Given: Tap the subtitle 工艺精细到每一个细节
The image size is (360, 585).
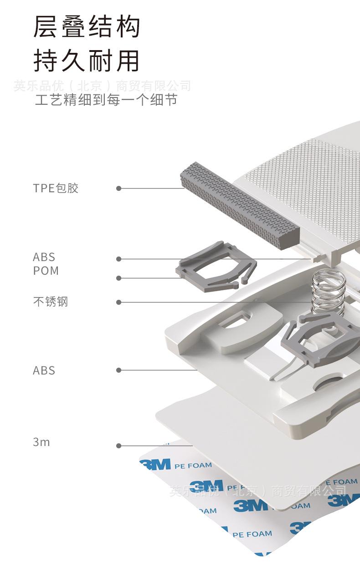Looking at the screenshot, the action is coord(106,100).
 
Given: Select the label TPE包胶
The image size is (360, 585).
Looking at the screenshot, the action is coord(56,188).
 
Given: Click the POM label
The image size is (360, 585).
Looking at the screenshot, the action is coord(46,271).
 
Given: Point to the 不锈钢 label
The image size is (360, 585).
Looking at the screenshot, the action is coord(50,302).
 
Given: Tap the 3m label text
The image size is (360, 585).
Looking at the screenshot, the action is coord(41,442).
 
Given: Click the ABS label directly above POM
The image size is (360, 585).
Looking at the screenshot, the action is coord(44,257).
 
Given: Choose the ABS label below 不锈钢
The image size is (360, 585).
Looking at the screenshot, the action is coord(44,370).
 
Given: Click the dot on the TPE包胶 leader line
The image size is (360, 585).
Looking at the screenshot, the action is coord(119,188).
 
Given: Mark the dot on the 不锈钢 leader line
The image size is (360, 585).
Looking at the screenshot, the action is coord(119,302).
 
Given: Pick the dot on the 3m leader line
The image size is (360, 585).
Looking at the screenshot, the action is coord(119,446).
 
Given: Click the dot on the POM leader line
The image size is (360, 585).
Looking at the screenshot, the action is coord(119,278).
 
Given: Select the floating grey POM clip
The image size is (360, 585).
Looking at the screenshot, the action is coord(214,269).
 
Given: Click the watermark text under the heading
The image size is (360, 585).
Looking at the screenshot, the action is coord(102,86).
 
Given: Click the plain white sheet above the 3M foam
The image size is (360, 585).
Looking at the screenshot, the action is coord(219,424).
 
